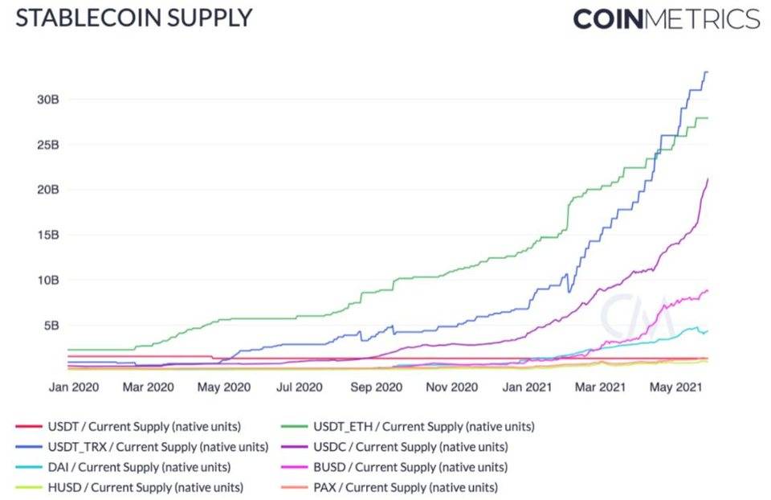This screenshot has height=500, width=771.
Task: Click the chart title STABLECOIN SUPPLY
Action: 133,18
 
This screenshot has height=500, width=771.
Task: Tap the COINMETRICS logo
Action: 666,19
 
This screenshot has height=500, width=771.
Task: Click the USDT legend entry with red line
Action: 128,427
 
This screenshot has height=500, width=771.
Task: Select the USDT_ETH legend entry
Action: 408,427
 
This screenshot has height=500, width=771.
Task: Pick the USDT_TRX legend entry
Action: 141,447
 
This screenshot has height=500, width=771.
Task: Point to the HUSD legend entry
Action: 129,487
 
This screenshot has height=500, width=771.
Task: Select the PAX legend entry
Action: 390,487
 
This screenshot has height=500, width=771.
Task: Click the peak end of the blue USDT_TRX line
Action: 707,72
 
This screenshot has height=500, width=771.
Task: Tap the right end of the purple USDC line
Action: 707,179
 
